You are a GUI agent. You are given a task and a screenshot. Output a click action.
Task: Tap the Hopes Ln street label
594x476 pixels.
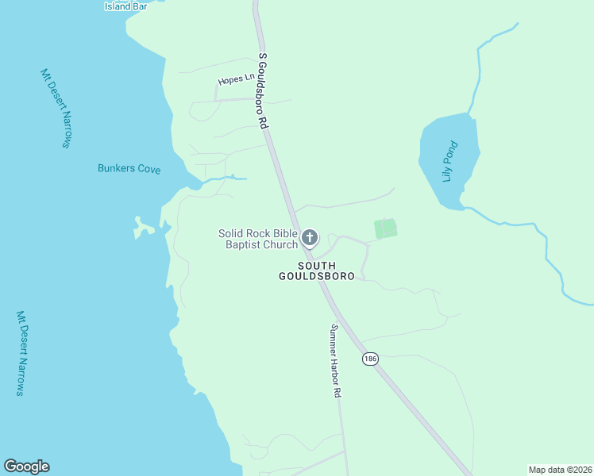tap(236, 80)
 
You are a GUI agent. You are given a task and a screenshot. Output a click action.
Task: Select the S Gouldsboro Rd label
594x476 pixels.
tap(264, 92)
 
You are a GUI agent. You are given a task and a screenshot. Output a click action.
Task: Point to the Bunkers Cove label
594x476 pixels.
tap(129, 169)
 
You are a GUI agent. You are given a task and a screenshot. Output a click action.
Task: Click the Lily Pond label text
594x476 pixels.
tap(450, 162)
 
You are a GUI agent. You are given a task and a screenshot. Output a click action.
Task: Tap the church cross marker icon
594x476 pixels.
tap(310, 237)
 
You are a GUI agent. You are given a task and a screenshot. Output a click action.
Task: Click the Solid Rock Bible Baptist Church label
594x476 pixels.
tap(258, 238)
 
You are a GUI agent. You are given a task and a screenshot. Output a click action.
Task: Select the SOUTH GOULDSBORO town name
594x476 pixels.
tap(318, 271)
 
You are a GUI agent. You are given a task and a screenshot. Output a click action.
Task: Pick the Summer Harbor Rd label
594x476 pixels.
tap(336, 361)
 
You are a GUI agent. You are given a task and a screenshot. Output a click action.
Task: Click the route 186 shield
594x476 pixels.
tap(369, 359)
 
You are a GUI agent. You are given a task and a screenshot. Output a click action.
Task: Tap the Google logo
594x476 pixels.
tap(26, 466)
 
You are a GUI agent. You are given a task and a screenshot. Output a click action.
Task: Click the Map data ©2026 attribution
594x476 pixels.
tap(560, 470)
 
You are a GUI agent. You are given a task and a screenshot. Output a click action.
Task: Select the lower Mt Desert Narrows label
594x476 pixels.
tap(21, 354)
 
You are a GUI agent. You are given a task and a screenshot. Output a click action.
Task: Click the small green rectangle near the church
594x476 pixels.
tap(385, 228)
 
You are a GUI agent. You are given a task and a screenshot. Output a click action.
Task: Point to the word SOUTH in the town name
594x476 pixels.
tap(318, 265)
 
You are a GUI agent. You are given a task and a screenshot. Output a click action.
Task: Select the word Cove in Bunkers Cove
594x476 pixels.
tap(147, 169)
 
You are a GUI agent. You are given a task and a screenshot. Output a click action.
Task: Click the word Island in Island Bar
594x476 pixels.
tap(118, 6)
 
